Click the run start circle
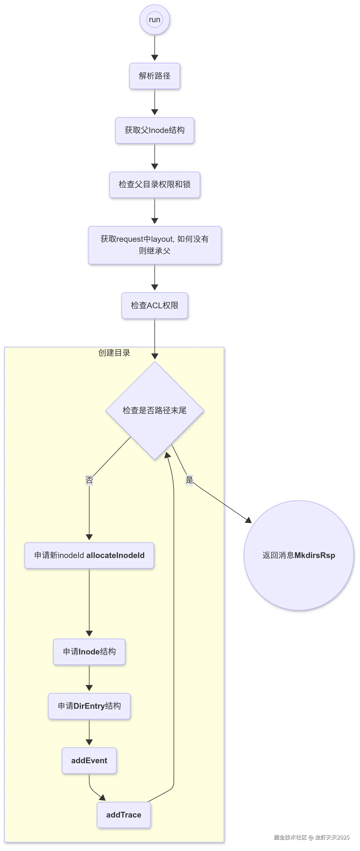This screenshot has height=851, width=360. [x=155, y=20]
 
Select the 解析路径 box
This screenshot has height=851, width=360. [x=155, y=76]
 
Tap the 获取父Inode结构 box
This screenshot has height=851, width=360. [x=155, y=130]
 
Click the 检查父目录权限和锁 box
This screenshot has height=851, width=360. [x=155, y=184]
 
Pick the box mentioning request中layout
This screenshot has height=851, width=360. [x=155, y=245]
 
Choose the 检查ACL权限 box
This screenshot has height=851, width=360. [x=155, y=305]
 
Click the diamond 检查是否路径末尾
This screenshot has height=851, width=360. [x=155, y=410]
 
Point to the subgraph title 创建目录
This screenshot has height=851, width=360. [x=114, y=353]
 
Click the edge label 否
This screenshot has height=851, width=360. [x=89, y=480]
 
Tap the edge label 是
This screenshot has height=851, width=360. [x=189, y=480]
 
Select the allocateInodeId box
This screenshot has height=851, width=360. [x=89, y=555]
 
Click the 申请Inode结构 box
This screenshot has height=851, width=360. [x=89, y=652]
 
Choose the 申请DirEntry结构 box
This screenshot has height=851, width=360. [x=89, y=706]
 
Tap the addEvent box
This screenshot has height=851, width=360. [x=89, y=761]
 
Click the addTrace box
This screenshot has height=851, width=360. [x=124, y=815]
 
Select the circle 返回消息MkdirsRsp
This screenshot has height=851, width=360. [x=299, y=555]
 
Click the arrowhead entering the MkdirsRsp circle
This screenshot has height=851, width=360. [x=248, y=520]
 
